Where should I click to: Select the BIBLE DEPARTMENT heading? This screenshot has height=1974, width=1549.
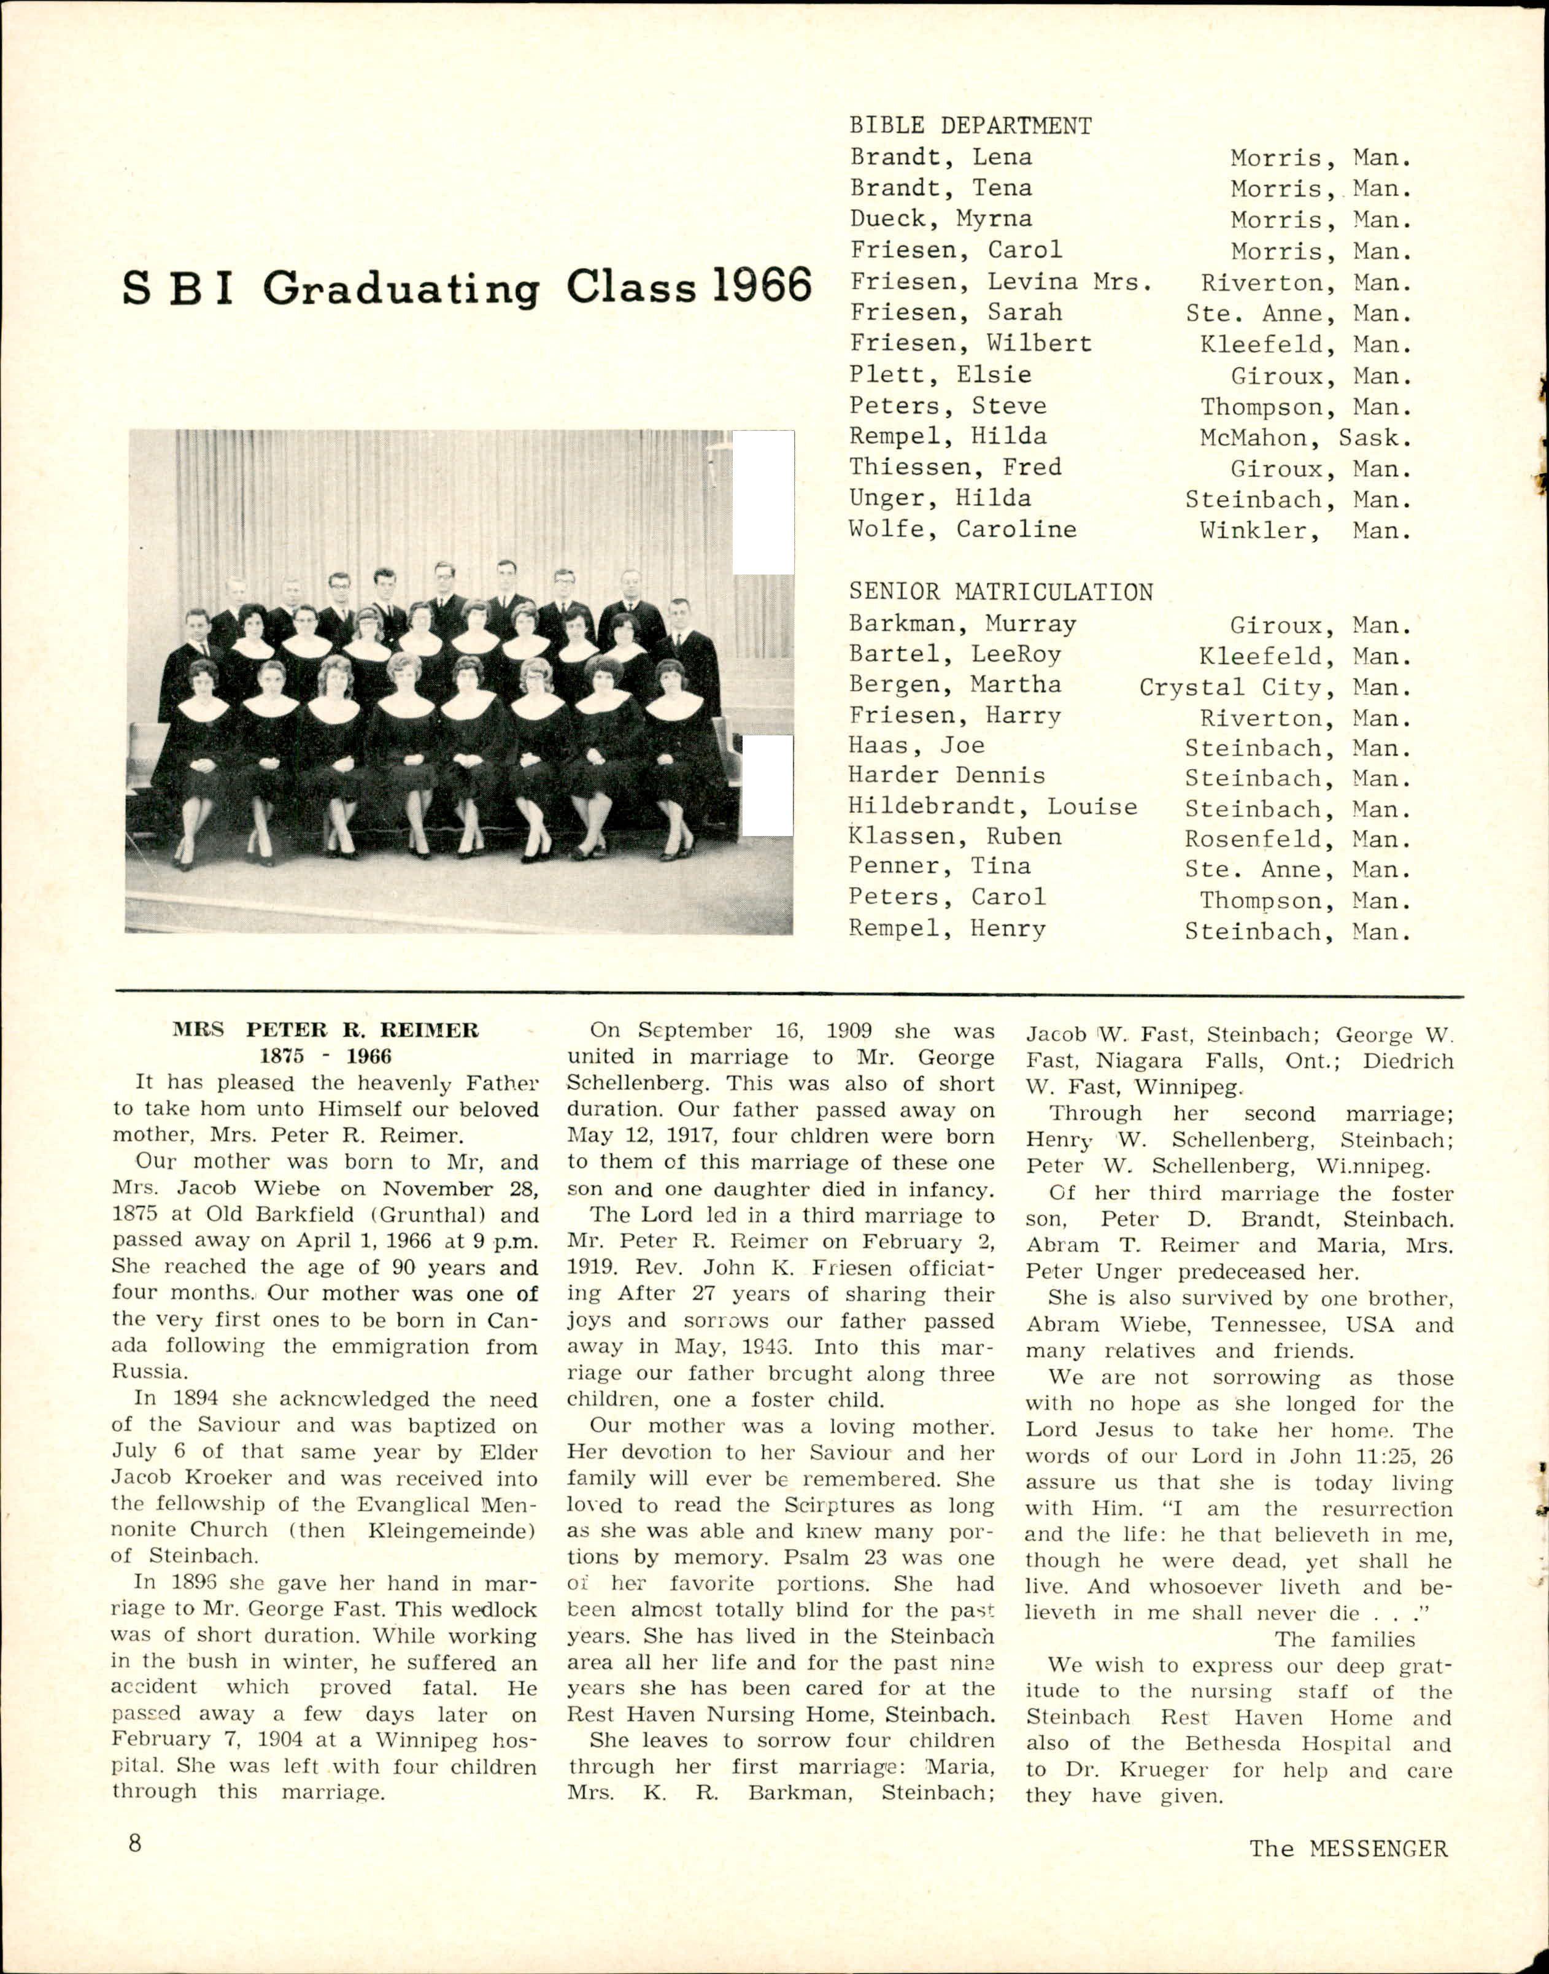pyautogui.click(x=970, y=126)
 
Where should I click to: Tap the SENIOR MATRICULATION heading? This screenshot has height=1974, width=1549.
pyautogui.click(x=1000, y=592)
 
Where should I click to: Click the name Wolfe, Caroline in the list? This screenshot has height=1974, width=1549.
pyautogui.click(x=962, y=529)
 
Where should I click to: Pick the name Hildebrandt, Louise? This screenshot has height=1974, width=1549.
pyautogui.click(x=992, y=807)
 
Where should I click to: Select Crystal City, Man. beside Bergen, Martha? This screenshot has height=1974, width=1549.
pyautogui.click(x=1275, y=687)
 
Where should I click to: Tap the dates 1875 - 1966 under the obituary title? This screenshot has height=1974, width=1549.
pyautogui.click(x=326, y=1056)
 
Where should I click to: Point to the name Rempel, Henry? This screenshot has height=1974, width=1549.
pyautogui.click(x=947, y=929)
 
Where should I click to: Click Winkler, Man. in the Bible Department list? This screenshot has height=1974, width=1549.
pyautogui.click(x=1305, y=531)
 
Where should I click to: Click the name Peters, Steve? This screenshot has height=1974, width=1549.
pyautogui.click(x=947, y=406)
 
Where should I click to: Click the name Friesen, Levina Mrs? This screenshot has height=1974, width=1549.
pyautogui.click(x=1000, y=281)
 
